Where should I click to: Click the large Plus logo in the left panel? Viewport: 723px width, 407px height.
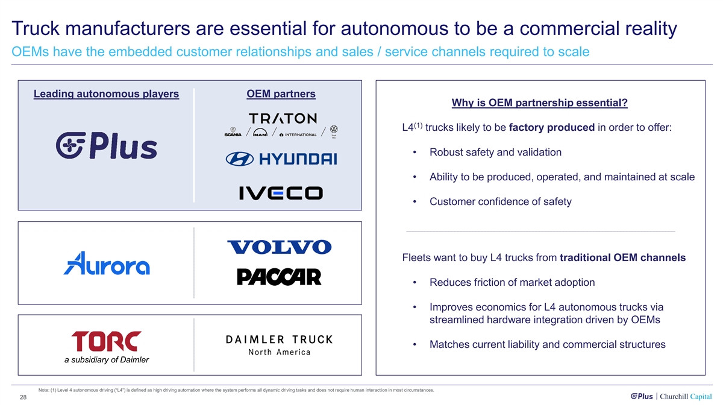point(106,146)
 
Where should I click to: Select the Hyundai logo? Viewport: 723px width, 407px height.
point(281,159)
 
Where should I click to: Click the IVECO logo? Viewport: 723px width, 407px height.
point(281,193)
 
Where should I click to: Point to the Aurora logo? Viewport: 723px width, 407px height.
point(107,263)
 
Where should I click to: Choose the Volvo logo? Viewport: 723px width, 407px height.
point(279,247)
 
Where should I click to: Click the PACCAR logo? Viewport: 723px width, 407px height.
point(279,277)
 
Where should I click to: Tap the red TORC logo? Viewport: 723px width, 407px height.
point(106,341)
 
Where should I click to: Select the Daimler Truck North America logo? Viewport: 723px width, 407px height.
point(279,345)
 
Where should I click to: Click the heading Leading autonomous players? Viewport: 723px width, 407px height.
point(106,94)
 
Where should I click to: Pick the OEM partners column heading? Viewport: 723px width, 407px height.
point(281,94)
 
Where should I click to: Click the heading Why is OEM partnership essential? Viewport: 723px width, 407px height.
point(539,104)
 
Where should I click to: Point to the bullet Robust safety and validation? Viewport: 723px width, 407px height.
point(495,152)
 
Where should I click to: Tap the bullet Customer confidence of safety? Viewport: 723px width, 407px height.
point(500,202)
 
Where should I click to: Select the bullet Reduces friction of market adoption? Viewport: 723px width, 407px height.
point(512,282)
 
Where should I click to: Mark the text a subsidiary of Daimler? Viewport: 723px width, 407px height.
point(106,360)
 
